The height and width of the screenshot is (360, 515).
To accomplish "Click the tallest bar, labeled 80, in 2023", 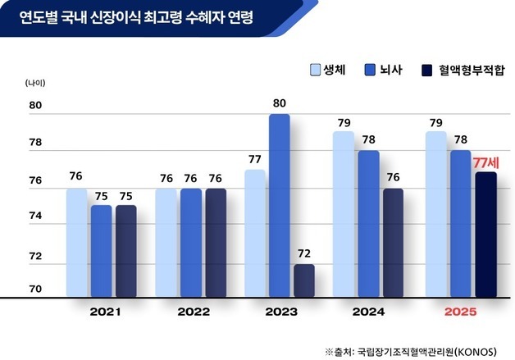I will coord(280,205).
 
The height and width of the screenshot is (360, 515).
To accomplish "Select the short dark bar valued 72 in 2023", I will coord(304,280).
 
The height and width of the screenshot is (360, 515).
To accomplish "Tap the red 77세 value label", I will coord(486,162).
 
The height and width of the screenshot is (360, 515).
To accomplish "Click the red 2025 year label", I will coord(459,312).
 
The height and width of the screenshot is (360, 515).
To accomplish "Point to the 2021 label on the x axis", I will coord(103,312).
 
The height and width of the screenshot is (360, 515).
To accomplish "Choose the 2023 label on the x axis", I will coord(281,312).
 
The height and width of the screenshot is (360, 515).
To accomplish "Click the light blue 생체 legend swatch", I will coord(315,71).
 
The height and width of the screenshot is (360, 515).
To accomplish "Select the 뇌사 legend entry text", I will coord(390,70).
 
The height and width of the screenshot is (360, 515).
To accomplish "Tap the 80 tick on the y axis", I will coord(35,106).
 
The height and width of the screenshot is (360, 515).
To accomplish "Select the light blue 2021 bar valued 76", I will coord(76,243).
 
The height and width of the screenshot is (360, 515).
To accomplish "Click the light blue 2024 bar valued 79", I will coord(344,214).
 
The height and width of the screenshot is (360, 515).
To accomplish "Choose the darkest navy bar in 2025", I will coord(485,235).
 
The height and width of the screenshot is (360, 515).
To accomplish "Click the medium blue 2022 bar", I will coord(190,243).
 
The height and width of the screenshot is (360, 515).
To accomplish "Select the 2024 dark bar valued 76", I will coord(394,243).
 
